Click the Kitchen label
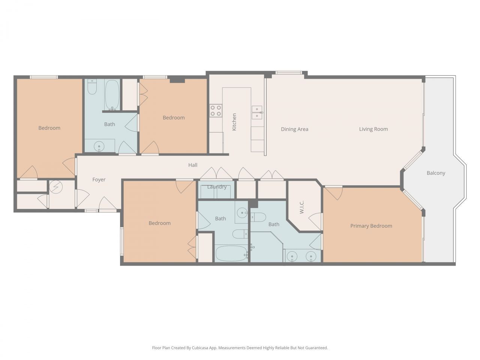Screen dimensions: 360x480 pyautogui.click(x=234, y=122)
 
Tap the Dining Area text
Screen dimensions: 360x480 pyautogui.click(x=294, y=129)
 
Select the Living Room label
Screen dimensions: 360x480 pyautogui.click(x=373, y=129)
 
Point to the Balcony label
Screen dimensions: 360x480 pyautogui.click(x=436, y=173)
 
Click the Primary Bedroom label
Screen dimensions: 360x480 pyautogui.click(x=371, y=226)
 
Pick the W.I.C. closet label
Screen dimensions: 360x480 pyautogui.click(x=302, y=207)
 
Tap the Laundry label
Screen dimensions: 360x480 pyautogui.click(x=217, y=187)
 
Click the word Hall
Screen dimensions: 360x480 pyautogui.click(x=193, y=165)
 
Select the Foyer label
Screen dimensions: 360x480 pyautogui.click(x=99, y=180)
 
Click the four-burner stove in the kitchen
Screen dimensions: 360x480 pyautogui.click(x=216, y=111)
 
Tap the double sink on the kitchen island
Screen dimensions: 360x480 pyautogui.click(x=257, y=112)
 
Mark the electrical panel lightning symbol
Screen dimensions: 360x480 pyautogui.click(x=56, y=186)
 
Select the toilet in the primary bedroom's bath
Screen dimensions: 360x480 pyautogui.click(x=258, y=217)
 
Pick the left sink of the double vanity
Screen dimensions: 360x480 pyautogui.click(x=292, y=257)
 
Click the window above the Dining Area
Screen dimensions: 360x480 pyautogui.click(x=288, y=73)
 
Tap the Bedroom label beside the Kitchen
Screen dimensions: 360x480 pyautogui.click(x=174, y=118)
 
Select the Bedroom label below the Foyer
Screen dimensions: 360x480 pyautogui.click(x=159, y=223)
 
